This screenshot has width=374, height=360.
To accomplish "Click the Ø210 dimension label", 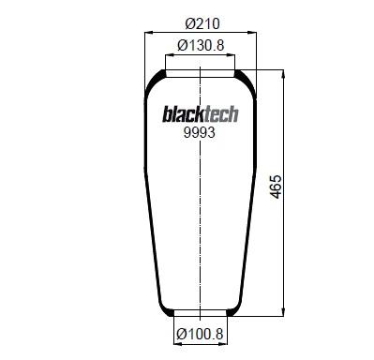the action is point(202,23).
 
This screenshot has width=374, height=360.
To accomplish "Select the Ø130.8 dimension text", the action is point(201,45).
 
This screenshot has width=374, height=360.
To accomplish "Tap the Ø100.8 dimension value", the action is point(200,334).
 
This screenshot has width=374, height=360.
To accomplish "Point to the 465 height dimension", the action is point(276,187).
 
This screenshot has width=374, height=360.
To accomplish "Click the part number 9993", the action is point(200,133).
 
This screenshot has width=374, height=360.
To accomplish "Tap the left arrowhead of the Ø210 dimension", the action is point(148,32).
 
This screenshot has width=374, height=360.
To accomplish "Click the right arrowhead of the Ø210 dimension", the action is point(252,32).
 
